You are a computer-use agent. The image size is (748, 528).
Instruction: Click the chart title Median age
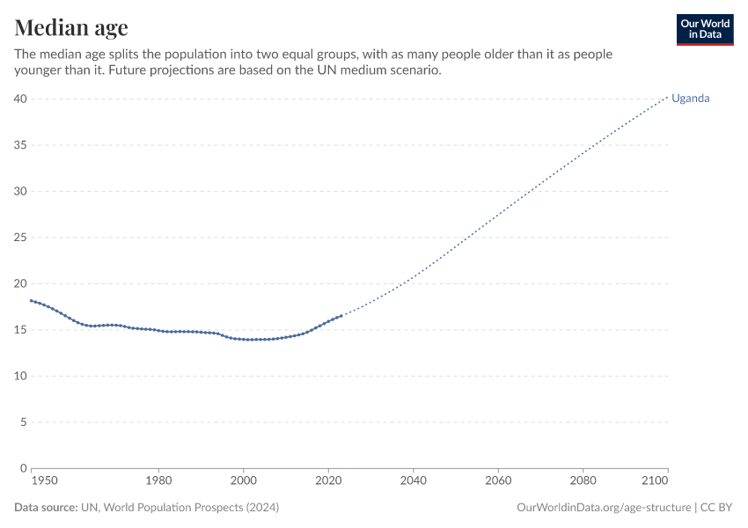pos(71,27)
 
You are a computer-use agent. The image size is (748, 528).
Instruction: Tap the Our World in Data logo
pos(704,29)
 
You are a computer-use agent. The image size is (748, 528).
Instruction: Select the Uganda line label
pos(690,99)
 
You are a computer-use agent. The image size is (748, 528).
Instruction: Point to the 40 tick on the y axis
pos(19,99)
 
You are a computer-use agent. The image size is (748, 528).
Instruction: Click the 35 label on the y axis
pos(19,145)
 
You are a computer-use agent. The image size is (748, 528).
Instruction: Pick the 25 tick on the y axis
pos(19,238)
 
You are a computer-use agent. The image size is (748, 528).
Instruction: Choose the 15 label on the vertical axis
pos(19,330)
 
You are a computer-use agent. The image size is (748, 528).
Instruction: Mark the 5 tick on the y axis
pos(23,422)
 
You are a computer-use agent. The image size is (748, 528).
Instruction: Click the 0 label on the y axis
pos(23,468)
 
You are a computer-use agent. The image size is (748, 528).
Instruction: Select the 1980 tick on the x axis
pos(158,480)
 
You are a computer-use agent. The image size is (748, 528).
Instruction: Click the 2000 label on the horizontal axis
pos(243,480)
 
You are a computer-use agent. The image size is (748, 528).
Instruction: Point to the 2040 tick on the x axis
pos(413,480)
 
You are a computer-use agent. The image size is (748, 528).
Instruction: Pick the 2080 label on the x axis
pos(583,480)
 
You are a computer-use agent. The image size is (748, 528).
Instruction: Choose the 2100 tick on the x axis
pos(656,480)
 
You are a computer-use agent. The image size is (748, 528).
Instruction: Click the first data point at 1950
pos(31,301)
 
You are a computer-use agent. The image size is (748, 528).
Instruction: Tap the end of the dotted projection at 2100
pos(667,97)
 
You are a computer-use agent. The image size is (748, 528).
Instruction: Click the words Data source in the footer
pos(46,508)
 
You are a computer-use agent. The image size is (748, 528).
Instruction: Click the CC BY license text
pos(715,508)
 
